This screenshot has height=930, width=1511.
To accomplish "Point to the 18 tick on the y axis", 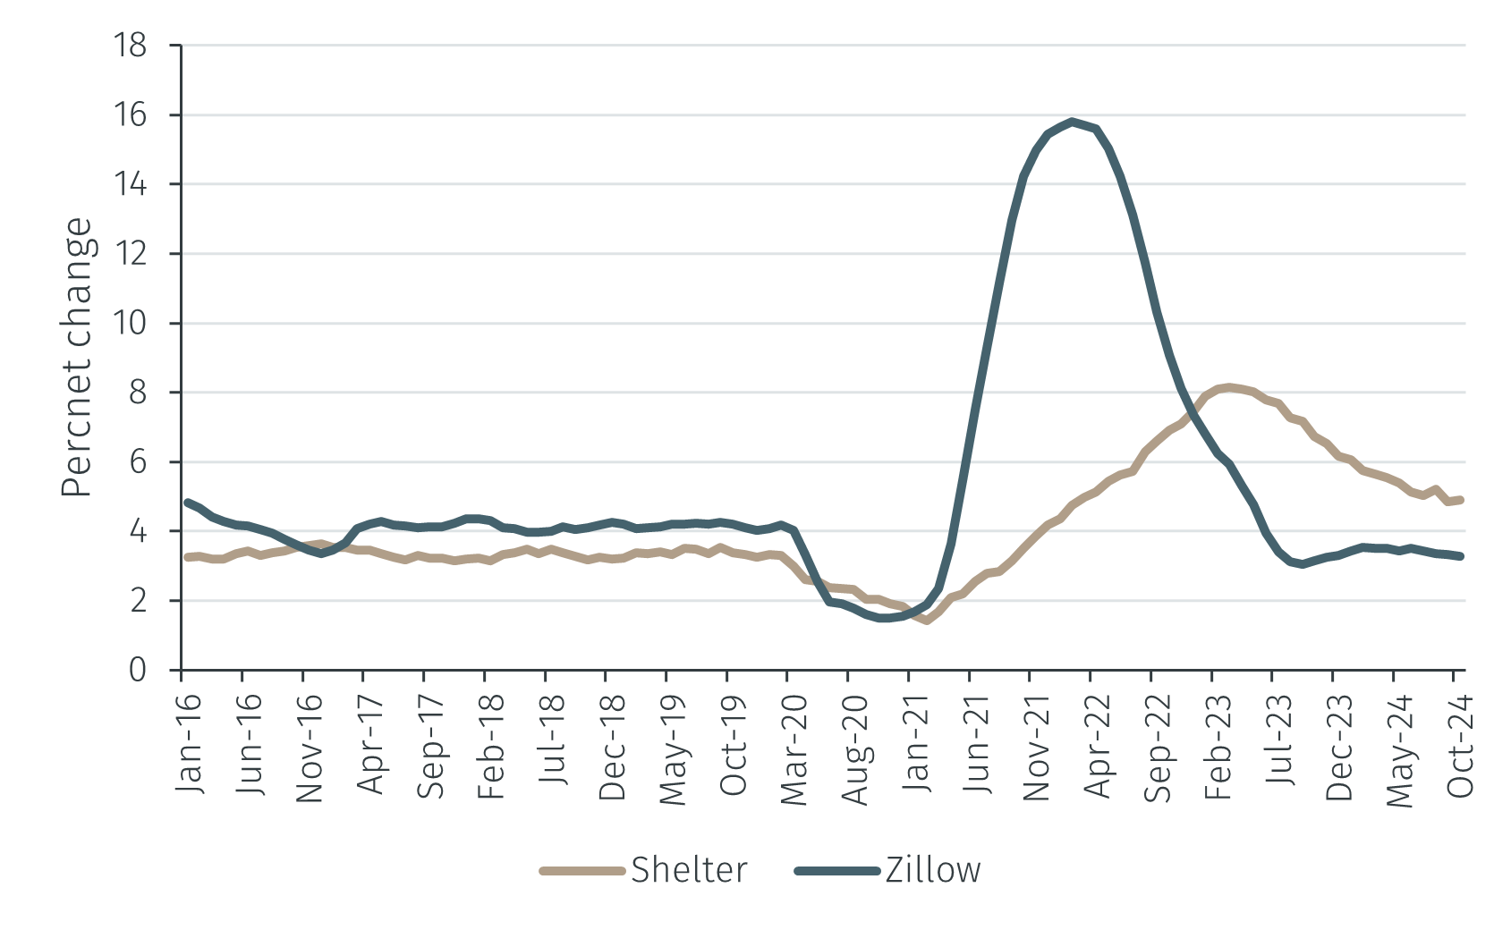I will coord(131,45).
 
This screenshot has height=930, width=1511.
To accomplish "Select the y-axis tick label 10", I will coord(131,323).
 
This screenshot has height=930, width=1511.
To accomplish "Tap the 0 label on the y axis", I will coord(137,670).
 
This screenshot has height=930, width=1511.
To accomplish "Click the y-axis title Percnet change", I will coord(77,358).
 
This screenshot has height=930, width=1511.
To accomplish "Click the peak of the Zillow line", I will coord(1072,121).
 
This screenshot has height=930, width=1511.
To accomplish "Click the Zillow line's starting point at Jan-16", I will coord(187,502).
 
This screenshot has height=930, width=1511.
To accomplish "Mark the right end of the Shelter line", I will coord(1461,500).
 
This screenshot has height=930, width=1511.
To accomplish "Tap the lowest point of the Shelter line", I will coord(927,620).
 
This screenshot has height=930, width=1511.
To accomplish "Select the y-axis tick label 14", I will coord(131,184).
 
